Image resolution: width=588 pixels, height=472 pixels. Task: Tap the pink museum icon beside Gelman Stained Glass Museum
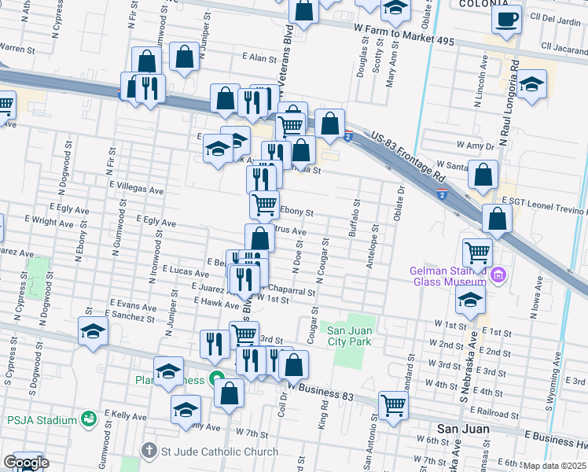(497, 276)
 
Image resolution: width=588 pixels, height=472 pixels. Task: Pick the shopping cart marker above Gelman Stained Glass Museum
(477, 253)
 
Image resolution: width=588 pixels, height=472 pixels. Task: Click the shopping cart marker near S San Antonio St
(393, 405)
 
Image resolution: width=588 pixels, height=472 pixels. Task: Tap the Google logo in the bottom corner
(25, 463)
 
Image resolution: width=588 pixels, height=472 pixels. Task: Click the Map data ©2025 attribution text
(555, 466)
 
